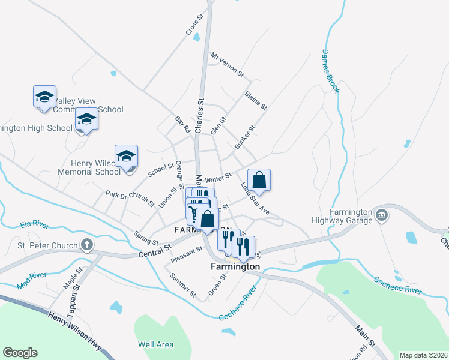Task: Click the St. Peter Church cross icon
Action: click(x=87, y=245)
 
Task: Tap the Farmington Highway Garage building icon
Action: click(x=381, y=215)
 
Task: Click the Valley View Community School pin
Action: click(x=44, y=97)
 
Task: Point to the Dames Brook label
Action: click(x=330, y=71)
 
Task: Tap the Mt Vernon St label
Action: click(x=226, y=65)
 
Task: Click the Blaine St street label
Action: click(x=255, y=100)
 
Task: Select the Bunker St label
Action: click(x=245, y=137)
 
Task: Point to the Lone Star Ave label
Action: click(x=255, y=199)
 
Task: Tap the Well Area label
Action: click(x=155, y=344)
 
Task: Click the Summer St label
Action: click(x=183, y=285)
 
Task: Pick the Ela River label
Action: click(x=34, y=224)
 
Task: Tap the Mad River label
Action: click(x=32, y=280)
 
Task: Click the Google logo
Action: click(x=20, y=353)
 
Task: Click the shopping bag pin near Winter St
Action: click(x=259, y=180)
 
